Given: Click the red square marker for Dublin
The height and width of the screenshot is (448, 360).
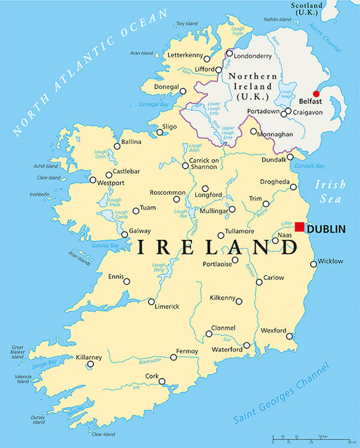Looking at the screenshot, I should [x=299, y=227].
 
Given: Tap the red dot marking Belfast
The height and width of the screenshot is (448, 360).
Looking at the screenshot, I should [x=316, y=94].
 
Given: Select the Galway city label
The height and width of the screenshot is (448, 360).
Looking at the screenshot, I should [x=140, y=231].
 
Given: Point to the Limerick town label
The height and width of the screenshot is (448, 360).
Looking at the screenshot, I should [x=168, y=306].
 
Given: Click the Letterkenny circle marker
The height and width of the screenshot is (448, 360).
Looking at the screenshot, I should [x=207, y=59].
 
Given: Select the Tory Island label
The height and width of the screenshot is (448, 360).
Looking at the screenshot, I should [x=187, y=24].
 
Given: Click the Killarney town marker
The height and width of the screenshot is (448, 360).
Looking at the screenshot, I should [x=91, y=364].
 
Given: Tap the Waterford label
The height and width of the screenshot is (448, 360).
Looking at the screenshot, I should [x=227, y=350].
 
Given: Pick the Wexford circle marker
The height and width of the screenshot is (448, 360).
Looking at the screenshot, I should [x=290, y=336].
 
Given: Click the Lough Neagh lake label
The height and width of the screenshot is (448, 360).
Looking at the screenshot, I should [x=287, y=95].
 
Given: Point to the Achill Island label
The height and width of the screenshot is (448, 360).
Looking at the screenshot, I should [x=35, y=167].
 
